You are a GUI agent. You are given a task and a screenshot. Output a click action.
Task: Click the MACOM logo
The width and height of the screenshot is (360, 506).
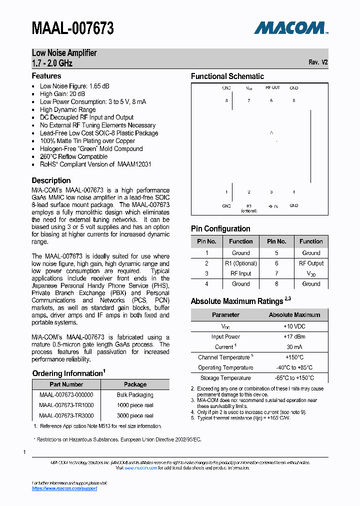(290, 28)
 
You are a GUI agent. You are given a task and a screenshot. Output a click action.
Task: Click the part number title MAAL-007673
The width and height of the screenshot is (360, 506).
(73, 28)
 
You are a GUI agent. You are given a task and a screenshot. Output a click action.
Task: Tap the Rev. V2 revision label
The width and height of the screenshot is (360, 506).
(318, 62)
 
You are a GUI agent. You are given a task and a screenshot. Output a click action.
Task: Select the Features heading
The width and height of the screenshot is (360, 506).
(46, 76)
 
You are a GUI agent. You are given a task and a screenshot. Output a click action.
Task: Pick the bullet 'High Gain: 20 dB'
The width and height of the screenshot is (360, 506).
(62, 94)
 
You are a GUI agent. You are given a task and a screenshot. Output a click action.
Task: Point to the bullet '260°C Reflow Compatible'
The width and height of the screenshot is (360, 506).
(74, 156)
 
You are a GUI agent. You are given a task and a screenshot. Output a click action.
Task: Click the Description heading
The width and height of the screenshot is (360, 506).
(51, 180)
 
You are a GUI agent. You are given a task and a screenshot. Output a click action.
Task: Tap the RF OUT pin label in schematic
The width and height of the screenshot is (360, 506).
(272, 87)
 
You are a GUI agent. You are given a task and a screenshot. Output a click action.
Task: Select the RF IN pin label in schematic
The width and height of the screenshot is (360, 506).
(272, 205)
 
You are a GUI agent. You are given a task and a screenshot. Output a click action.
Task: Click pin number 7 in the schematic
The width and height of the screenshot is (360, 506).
(248, 100)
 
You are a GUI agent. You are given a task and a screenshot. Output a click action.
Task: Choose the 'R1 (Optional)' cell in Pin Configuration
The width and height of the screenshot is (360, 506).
(240, 263)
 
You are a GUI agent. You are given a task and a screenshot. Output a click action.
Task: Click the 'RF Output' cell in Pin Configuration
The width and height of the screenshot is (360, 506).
(311, 263)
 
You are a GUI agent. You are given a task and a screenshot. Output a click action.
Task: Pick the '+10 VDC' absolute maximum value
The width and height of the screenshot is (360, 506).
(294, 326)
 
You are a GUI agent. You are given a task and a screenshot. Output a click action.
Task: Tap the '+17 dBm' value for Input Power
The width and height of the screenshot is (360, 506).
(294, 336)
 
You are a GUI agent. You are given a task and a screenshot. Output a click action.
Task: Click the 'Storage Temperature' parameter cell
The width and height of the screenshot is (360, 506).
(225, 378)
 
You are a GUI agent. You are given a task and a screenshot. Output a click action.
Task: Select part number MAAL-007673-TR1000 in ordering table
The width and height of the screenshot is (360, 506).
(66, 405)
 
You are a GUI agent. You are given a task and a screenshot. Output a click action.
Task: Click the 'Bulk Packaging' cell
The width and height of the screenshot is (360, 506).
(135, 395)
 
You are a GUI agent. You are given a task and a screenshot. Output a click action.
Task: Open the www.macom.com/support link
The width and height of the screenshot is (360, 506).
(64, 488)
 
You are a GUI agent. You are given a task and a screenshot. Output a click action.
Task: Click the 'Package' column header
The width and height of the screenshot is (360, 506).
(135, 384)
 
